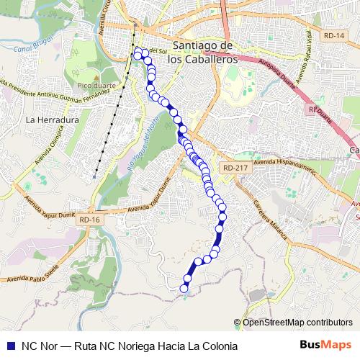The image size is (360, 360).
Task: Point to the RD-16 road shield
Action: pos(91,220)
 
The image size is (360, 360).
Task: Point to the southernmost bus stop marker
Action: pos(184,289)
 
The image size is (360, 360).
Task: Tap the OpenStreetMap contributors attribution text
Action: pos(298,323)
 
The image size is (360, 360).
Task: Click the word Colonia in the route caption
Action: pos(219,346)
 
